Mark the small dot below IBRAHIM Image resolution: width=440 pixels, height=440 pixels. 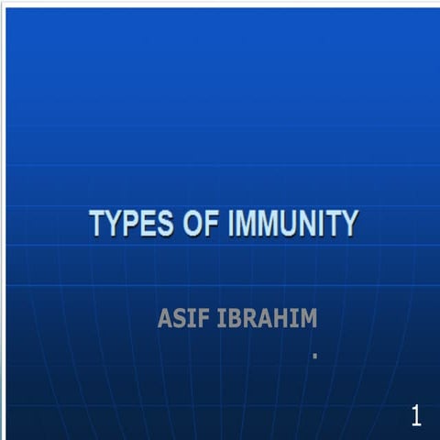(x=313, y=355)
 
